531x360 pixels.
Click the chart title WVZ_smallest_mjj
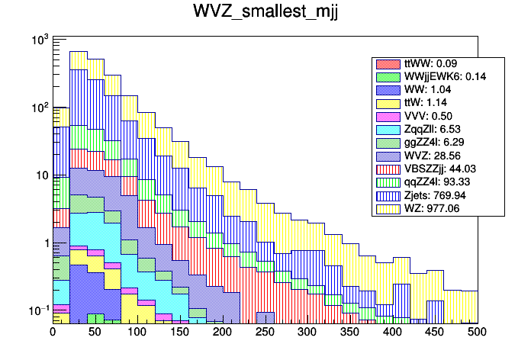pyautogui.click(x=265, y=13)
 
